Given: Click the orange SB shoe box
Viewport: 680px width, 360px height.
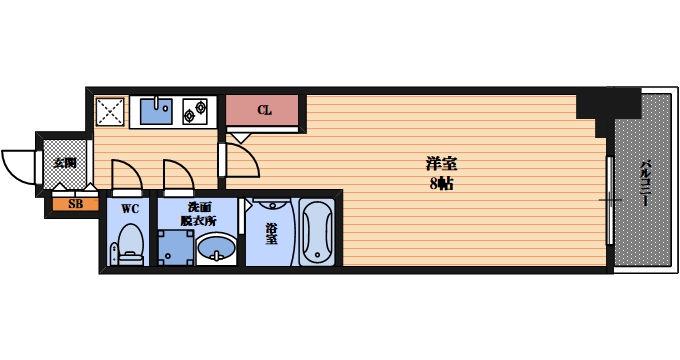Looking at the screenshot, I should click(x=75, y=205).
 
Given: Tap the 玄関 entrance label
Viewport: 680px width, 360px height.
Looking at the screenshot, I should click(x=64, y=161).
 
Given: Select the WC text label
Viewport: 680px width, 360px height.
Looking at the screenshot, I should click(x=130, y=209).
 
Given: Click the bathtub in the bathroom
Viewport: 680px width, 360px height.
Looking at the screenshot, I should click(x=318, y=232).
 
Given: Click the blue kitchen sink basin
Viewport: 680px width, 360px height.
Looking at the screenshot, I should click(x=155, y=109).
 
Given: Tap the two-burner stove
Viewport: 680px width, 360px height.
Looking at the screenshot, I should click(x=194, y=109).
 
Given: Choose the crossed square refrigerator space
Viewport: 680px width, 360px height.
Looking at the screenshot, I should click(x=110, y=110).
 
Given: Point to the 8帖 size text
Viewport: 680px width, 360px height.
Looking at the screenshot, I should click(x=441, y=184).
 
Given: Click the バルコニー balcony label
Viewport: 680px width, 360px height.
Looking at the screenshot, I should click(x=644, y=182).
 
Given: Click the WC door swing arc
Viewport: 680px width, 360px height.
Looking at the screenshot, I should click(x=126, y=175).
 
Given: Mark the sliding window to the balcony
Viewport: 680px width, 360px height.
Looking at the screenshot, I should click(x=610, y=200).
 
